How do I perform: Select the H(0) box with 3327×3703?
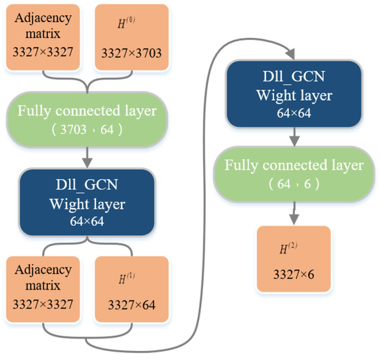pyautogui.click(x=131, y=37)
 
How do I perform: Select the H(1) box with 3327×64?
pyautogui.click(x=131, y=288)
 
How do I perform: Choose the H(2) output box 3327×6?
pyautogui.click(x=294, y=258)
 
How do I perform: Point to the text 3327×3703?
pyautogui.click(x=131, y=52)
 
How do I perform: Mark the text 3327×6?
pyautogui.click(x=294, y=274)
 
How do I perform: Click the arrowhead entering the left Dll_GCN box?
pyautogui.click(x=87, y=164)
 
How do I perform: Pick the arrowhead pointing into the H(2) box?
pyautogui.click(x=294, y=220)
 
